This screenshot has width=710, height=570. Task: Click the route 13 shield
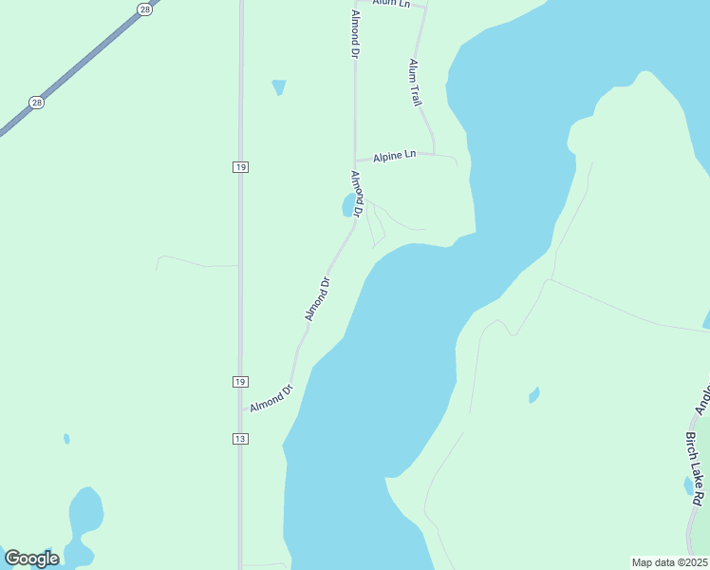[x=239, y=438]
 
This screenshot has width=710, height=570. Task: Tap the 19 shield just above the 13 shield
[x=239, y=381]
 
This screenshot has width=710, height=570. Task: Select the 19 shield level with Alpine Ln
[x=239, y=166]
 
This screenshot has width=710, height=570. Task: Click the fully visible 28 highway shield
[x=36, y=103]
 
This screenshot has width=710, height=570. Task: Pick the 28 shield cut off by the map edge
[x=144, y=8]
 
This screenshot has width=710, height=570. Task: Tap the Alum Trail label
[x=416, y=83]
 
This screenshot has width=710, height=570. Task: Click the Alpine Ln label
[x=395, y=155]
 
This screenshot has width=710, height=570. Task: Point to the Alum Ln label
[x=391, y=4]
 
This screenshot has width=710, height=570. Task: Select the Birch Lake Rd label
[x=696, y=469]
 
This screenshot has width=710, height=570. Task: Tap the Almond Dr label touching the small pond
[x=358, y=194]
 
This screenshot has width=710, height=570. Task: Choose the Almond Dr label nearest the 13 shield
[x=272, y=397]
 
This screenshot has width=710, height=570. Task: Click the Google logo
[x=32, y=559]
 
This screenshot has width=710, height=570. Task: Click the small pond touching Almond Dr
[x=346, y=205]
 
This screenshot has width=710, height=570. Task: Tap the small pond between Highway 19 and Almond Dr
[x=278, y=87]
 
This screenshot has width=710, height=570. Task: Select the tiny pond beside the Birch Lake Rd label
[x=688, y=485]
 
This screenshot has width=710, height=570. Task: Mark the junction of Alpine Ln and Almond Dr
[x=355, y=161]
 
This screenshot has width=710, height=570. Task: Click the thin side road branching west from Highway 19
[x=195, y=262]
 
